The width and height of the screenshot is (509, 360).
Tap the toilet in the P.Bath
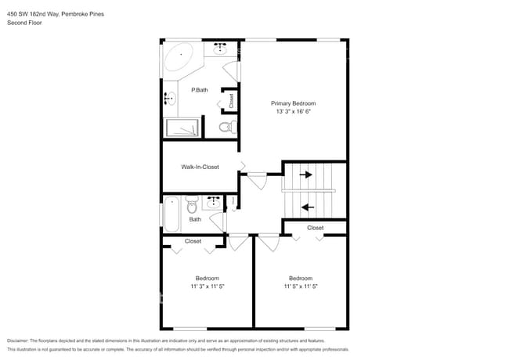[225, 127]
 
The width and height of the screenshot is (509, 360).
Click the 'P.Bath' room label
[200, 91]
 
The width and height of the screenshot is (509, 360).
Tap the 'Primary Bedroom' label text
[294, 103]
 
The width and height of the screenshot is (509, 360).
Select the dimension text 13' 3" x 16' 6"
[294, 113]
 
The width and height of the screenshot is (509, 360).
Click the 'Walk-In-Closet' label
[200, 167]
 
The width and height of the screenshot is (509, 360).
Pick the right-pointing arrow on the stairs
[307, 175]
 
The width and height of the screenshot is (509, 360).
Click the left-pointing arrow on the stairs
[308, 207]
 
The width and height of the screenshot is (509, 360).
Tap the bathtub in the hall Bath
[171, 213]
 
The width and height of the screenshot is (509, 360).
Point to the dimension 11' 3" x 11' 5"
[207, 287]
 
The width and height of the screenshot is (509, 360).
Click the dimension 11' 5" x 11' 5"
[301, 287]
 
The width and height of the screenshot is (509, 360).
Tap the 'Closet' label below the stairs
[315, 228]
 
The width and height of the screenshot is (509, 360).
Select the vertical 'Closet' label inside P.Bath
[231, 101]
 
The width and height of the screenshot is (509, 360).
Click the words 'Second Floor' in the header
[25, 23]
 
